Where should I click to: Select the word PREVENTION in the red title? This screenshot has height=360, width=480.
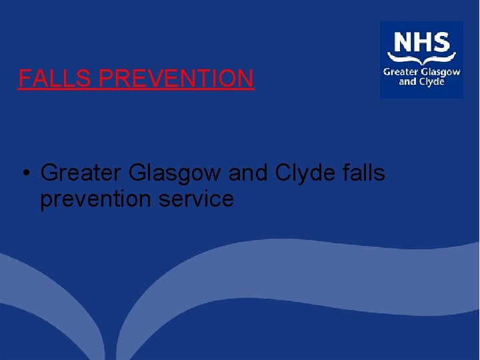[176, 79]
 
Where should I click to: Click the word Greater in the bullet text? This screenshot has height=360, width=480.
[81, 173]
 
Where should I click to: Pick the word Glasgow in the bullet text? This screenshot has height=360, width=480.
[175, 174]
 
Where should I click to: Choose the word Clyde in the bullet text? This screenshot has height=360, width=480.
[303, 174]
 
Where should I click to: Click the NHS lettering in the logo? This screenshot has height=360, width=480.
[421, 43]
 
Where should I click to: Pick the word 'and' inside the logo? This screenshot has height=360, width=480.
[407, 82]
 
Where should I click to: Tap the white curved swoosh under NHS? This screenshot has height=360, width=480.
[421, 59]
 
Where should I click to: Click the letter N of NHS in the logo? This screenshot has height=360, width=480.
[403, 43]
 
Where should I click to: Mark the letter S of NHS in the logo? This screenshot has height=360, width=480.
[440, 43]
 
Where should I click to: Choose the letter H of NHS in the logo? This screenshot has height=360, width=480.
[422, 43]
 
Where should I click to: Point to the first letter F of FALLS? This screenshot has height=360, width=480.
[24, 79]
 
